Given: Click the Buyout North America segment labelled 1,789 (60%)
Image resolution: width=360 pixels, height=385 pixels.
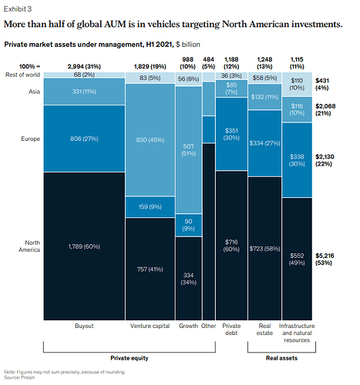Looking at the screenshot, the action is click(84, 246).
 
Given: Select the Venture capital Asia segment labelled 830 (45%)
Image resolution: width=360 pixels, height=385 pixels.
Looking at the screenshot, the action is click(150, 140).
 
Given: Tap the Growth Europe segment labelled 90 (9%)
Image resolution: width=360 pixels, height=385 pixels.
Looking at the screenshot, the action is click(188, 225).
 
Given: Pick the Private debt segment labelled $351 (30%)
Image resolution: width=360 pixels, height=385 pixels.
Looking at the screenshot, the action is click(231, 134).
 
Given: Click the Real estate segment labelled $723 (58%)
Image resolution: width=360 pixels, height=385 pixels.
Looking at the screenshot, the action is click(264, 249).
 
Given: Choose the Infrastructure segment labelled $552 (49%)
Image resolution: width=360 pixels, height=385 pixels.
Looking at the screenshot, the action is click(297, 259).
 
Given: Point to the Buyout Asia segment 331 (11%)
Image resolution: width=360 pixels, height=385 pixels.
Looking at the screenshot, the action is click(84, 92).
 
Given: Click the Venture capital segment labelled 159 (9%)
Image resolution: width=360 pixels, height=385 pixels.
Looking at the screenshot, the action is click(150, 207).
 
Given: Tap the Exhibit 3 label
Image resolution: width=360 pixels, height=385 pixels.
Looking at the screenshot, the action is click(18, 9).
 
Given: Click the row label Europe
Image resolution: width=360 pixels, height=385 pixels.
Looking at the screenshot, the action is click(30, 139).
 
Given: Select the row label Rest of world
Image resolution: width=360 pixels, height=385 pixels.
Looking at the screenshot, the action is click(22, 75).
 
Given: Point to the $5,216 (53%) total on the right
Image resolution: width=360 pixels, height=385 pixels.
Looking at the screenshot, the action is click(325, 259).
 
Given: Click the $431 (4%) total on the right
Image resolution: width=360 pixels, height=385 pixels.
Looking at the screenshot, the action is click(322, 84).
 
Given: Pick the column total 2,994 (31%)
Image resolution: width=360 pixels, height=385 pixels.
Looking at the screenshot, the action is click(84, 66).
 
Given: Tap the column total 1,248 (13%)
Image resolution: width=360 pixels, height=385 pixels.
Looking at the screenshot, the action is click(264, 63).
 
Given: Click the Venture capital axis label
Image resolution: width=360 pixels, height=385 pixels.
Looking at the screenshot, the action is click(150, 326).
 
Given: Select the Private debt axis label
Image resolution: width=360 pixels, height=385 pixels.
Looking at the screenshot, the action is click(231, 330).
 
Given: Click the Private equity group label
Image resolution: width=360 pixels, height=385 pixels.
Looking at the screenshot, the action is click(130, 358).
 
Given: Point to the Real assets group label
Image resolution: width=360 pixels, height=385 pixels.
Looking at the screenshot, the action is click(281, 358).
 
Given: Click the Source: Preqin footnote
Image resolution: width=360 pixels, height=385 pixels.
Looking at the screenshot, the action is click(19, 377).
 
